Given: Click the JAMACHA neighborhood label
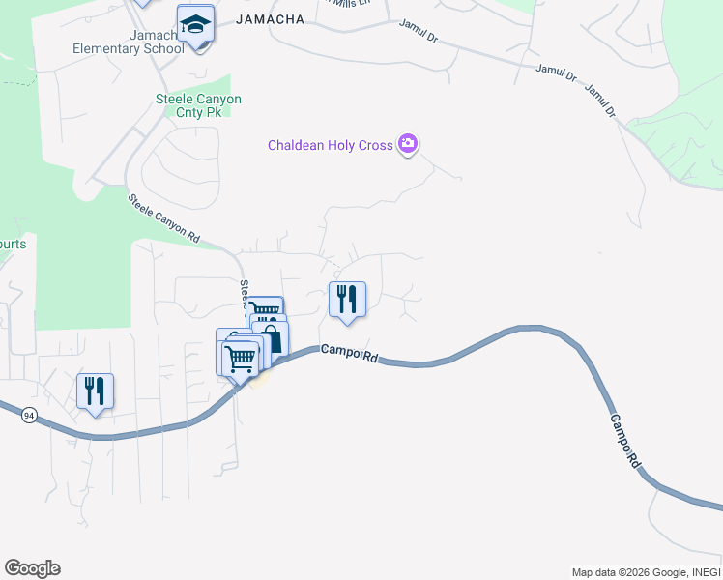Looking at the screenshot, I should [270, 19].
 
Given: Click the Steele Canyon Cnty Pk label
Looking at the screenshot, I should [198, 105].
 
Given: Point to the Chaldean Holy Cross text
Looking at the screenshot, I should [330, 146].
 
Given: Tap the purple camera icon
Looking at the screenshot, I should [408, 145].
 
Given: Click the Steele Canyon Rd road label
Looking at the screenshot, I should [165, 218].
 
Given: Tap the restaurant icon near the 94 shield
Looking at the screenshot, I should [95, 391].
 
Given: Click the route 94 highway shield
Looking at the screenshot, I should [29, 415].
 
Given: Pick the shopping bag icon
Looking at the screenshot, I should [272, 338].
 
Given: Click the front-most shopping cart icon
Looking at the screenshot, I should [240, 358].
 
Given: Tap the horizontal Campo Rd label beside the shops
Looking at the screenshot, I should [349, 355].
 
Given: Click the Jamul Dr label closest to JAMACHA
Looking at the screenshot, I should [419, 36].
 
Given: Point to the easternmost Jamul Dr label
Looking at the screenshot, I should [599, 101].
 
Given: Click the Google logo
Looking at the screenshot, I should [32, 568].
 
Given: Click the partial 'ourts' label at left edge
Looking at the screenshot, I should [13, 245].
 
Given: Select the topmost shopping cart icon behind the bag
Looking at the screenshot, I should [264, 309].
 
